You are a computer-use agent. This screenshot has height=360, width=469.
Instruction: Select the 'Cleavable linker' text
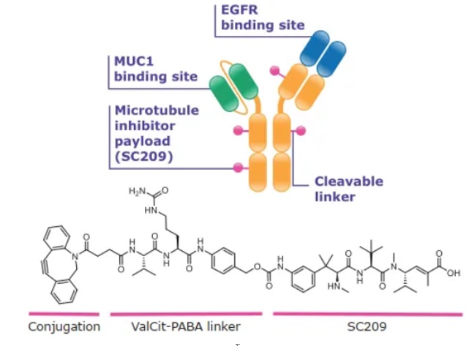tap(348, 188)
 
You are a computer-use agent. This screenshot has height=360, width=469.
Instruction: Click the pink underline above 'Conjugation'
tap(64, 313)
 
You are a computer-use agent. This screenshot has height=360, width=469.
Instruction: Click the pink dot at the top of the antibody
tap(276, 71)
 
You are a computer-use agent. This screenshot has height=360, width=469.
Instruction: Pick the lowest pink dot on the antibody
tap(238, 168)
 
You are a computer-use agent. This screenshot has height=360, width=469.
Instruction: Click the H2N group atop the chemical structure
tap(138, 192)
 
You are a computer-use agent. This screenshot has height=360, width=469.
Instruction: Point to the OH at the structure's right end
tap(454, 273)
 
